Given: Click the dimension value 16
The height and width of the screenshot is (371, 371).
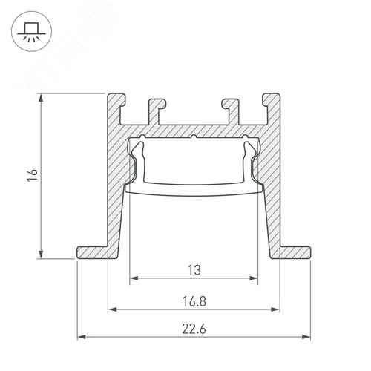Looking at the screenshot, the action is click(x=33, y=175).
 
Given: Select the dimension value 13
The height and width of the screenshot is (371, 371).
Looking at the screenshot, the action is click(x=194, y=270).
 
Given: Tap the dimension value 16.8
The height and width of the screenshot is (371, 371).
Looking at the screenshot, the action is click(x=194, y=301).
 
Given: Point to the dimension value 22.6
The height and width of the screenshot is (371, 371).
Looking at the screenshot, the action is click(x=194, y=329).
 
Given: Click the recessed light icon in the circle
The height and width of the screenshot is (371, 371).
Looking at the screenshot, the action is click(x=31, y=31).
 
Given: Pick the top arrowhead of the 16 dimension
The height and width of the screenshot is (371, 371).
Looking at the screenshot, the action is click(x=41, y=98).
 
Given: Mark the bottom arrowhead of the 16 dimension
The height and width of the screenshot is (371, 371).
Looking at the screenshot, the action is click(x=41, y=255).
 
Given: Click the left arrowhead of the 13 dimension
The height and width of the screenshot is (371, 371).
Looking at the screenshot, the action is click(x=134, y=278).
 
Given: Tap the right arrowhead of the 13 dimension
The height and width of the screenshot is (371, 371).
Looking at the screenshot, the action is click(x=254, y=278).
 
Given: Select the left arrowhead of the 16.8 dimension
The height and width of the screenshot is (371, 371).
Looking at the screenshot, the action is click(x=113, y=309).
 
